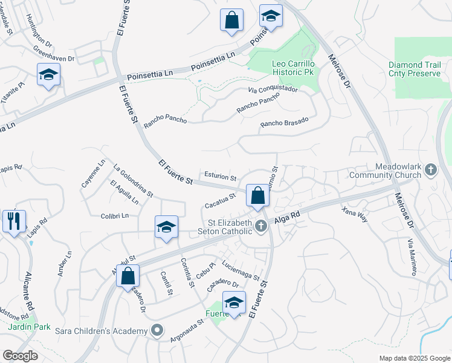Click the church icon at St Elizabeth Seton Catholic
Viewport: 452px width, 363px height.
(261, 227)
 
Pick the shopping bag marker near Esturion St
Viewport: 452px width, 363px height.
(257, 195)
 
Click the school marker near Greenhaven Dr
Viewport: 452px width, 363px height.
(48, 75)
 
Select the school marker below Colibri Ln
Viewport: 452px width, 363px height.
(166, 227)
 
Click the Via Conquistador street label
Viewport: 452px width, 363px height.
(273, 90)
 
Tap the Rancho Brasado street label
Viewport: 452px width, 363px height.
(284, 122)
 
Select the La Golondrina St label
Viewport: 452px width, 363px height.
(133, 181)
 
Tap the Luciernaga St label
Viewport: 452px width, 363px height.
(240, 270)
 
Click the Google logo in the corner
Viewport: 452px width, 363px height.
(20, 356)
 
